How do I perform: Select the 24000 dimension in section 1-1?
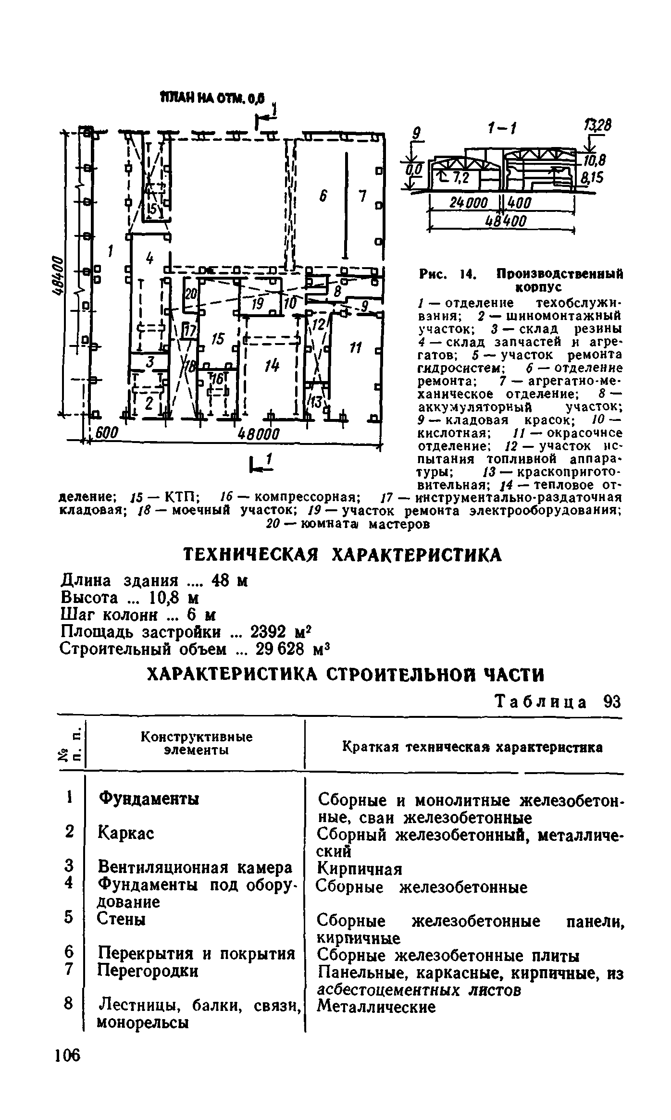point(468,202)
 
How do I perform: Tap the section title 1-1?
point(502,129)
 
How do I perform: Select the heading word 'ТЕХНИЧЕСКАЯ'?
point(252,555)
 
